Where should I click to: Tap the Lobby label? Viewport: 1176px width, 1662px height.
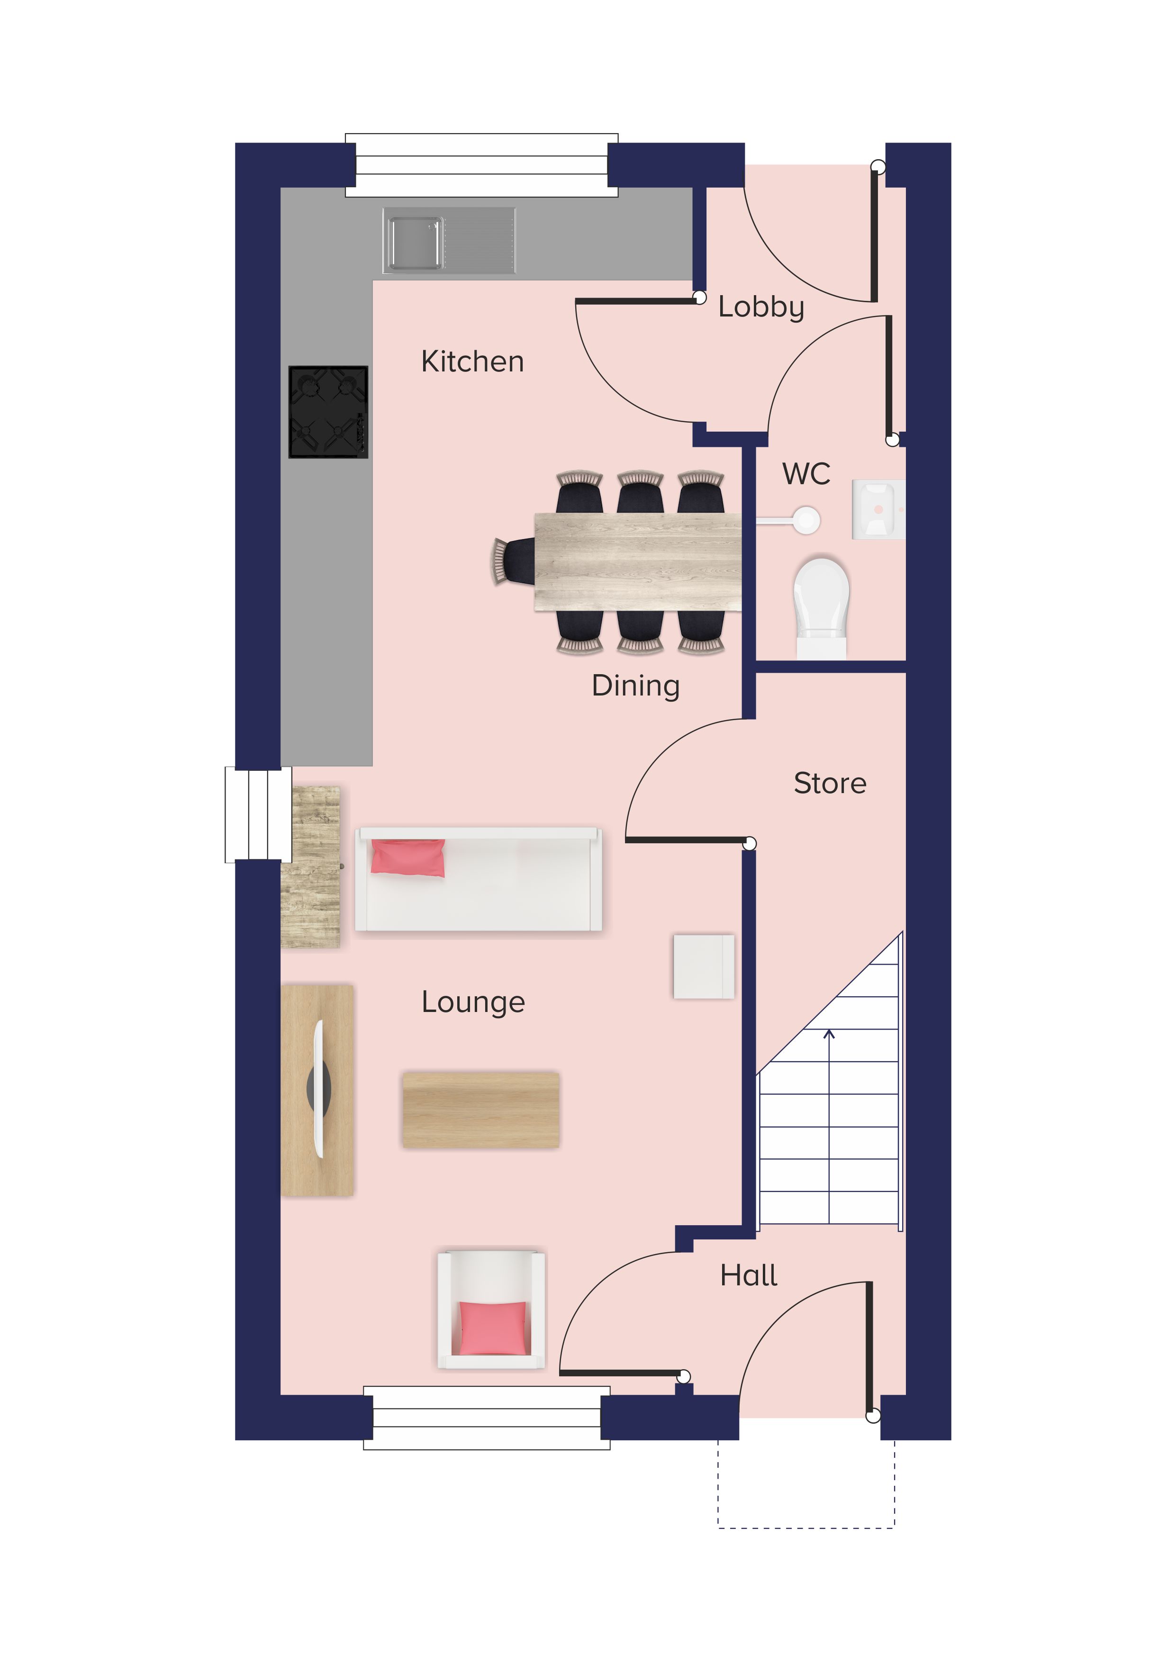761,307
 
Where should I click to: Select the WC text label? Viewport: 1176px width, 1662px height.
806,474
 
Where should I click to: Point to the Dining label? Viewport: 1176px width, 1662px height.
636,686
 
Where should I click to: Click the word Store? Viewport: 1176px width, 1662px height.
830,783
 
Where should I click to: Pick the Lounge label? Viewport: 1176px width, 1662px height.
473,1003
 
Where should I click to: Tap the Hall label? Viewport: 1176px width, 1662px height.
748,1275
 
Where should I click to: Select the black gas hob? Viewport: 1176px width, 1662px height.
328,412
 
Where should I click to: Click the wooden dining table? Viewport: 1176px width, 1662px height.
638,562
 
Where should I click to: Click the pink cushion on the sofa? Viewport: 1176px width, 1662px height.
407,858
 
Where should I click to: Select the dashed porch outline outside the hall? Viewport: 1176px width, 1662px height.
806,1528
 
